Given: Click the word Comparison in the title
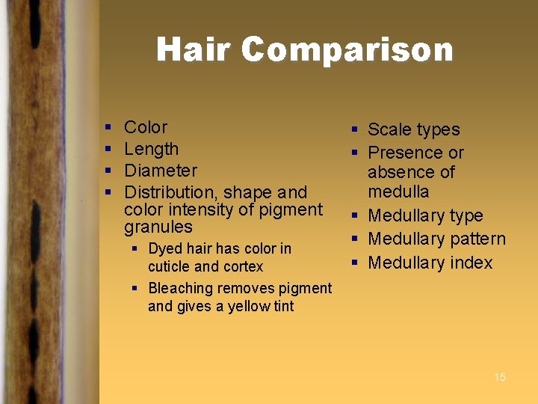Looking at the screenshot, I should pyautogui.click(x=347, y=50).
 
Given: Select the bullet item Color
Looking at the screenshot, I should pyautogui.click(x=146, y=127).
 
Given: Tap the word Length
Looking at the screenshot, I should pyautogui.click(x=151, y=149).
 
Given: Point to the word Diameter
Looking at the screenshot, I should pyautogui.click(x=160, y=171).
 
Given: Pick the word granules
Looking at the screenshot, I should pyautogui.click(x=158, y=227).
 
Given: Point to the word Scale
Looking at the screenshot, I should pyautogui.click(x=389, y=129).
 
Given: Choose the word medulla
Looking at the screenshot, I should pyautogui.click(x=398, y=191).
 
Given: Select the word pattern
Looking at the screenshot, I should pyautogui.click(x=477, y=239).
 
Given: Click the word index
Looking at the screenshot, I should pyautogui.click(x=471, y=263).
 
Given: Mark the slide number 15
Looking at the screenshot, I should pyautogui.click(x=500, y=377).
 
